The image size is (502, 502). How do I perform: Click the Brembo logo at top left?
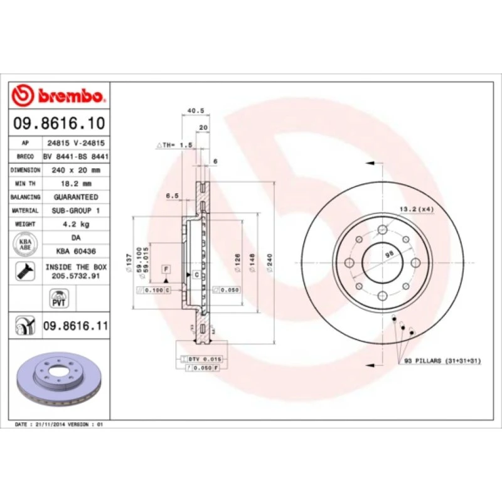(x=58, y=95)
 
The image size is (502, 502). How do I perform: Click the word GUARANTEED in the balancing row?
(x=76, y=197)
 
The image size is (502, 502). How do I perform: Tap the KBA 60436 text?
(x=76, y=251)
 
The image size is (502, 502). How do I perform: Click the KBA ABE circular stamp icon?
(x=26, y=244)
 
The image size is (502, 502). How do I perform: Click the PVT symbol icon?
(x=59, y=297)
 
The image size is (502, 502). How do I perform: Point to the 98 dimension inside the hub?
(x=388, y=253)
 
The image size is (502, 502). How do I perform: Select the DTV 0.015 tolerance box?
(x=205, y=358)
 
